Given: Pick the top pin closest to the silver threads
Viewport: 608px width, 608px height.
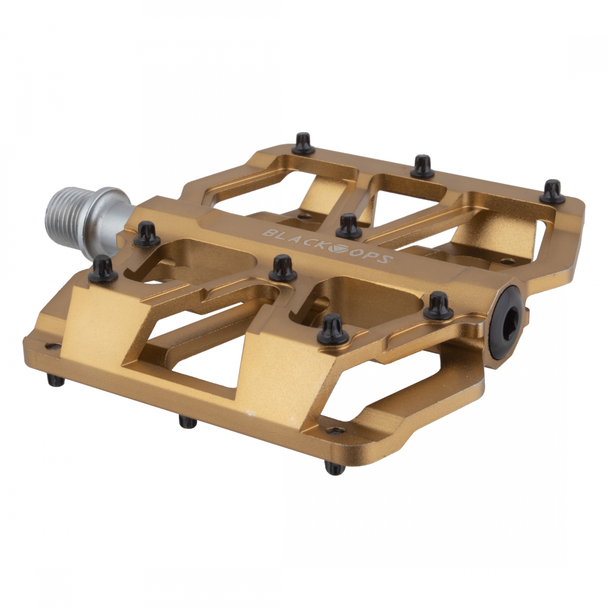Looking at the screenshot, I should (x=146, y=233).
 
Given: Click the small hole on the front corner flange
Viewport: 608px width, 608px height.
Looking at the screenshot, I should (x=333, y=431).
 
